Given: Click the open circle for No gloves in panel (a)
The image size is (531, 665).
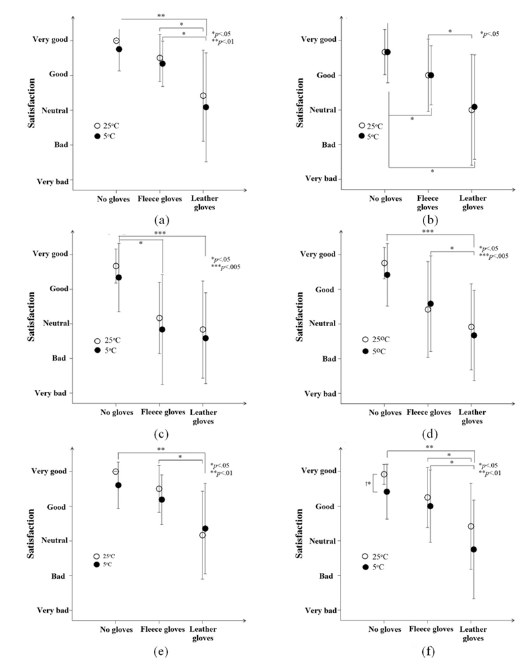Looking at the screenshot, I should pos(116,41).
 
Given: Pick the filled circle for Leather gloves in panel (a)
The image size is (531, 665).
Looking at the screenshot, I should pos(206,107).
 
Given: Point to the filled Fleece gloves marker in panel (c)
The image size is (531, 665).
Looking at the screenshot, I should pos(161,330).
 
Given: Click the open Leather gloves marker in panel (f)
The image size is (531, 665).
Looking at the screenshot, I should pos(471,526).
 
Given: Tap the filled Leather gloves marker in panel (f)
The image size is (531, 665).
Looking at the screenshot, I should pos(474,549).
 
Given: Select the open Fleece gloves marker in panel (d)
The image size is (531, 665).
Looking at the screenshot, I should pos(427,310).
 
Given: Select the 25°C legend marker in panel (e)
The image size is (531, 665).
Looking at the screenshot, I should pos(96,556).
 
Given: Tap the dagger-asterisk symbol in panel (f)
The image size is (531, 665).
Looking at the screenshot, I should pos(368,484).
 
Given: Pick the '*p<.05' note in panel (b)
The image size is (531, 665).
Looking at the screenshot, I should pos(489,34).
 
